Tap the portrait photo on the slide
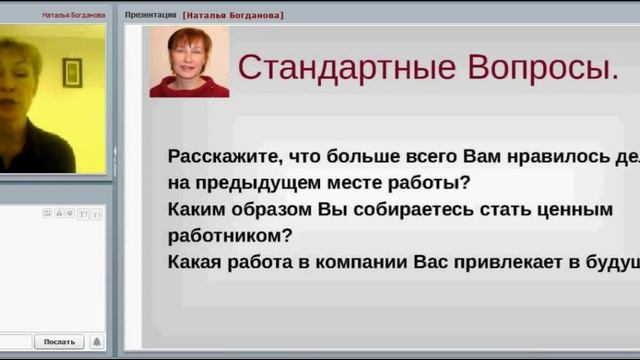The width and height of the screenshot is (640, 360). (x=189, y=62)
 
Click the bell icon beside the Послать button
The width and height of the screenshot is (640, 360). (x=96, y=341)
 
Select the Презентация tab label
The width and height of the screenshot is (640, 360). (x=150, y=15)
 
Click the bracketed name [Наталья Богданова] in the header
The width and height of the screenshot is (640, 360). (x=233, y=15)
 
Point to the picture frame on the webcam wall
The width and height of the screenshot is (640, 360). (x=72, y=72)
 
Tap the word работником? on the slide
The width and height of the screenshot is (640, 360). (x=229, y=236)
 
